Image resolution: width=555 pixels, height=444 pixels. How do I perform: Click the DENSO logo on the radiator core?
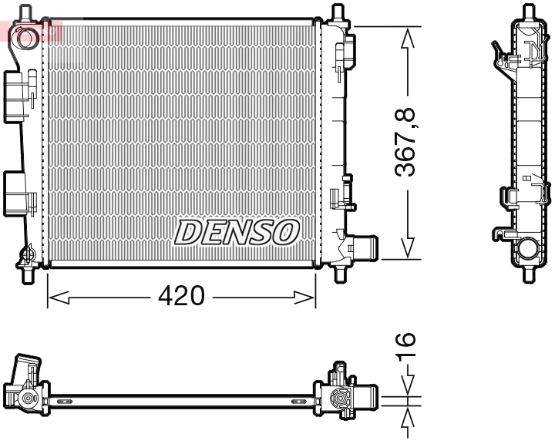point(237,231)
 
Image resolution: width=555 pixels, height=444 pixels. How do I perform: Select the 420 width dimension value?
point(182,296)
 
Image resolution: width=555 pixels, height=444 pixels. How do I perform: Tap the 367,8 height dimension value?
point(406,143)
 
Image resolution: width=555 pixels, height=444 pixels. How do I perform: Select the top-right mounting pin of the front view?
point(338,14)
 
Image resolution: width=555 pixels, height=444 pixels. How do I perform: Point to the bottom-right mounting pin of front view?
point(340,273)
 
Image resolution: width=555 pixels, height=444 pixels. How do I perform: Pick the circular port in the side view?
point(529,248)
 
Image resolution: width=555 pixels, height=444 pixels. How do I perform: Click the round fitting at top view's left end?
point(29,399)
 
